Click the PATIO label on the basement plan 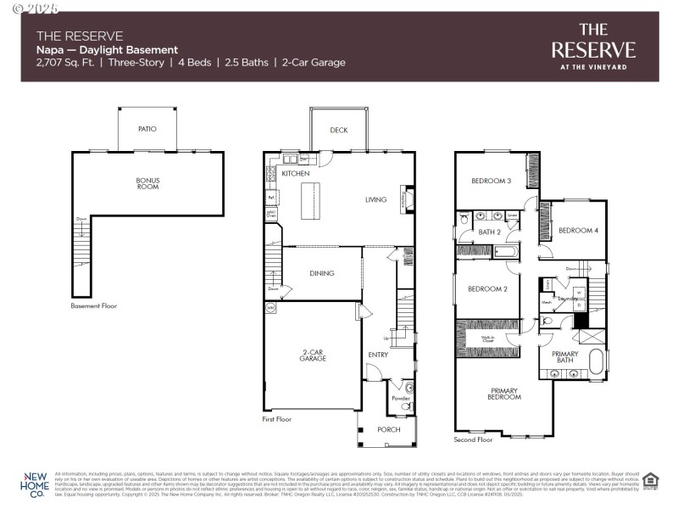pyautogui.click(x=147, y=129)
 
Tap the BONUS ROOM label pyautogui.click(x=147, y=183)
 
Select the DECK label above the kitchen pyautogui.click(x=338, y=130)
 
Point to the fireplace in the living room pyautogui.click(x=406, y=200)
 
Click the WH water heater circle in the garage pyautogui.click(x=271, y=308)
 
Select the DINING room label pyautogui.click(x=322, y=273)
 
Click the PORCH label pyautogui.click(x=387, y=430)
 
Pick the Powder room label pyautogui.click(x=401, y=398)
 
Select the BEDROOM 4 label pyautogui.click(x=578, y=231)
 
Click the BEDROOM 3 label pyautogui.click(x=491, y=181)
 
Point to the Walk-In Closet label pyautogui.click(x=488, y=338)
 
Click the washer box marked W pyautogui.click(x=578, y=293)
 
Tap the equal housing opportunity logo pyautogui.click(x=650, y=481)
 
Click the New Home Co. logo pyautogui.click(x=35, y=484)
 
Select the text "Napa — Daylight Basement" pyautogui.click(x=107, y=50)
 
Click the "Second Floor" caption pyautogui.click(x=473, y=439)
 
